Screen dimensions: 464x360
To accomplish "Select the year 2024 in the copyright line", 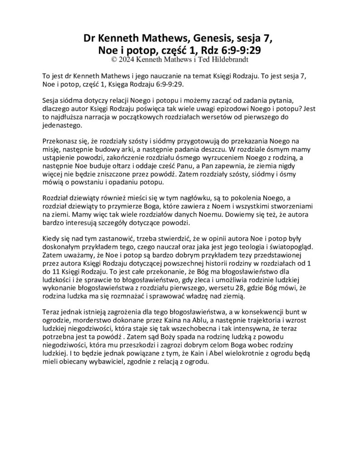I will (126, 59).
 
